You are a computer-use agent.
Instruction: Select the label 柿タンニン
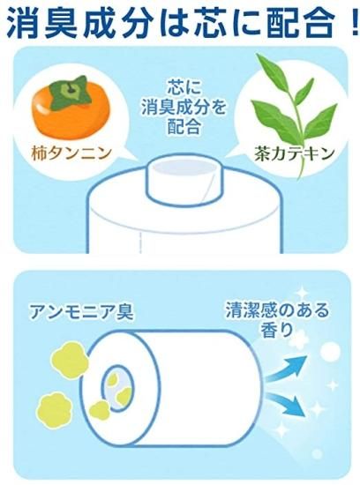point(71,153)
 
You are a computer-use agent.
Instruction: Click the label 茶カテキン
point(294,153)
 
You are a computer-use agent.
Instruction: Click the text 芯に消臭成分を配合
point(184,107)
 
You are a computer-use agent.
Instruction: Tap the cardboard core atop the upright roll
point(182,180)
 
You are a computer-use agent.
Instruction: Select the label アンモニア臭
point(81,311)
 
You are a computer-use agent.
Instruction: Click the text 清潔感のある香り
point(277,318)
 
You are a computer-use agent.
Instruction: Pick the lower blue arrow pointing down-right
point(287,404)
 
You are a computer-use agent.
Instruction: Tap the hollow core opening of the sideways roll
point(117,388)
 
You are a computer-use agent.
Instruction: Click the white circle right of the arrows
point(331,352)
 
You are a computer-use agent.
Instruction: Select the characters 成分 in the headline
point(116,22)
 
